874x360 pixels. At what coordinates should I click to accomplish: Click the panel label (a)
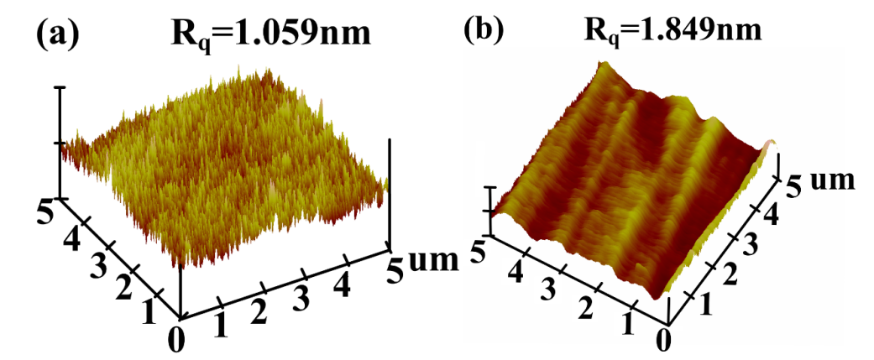tap(56, 36)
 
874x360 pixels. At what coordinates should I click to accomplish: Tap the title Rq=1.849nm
tap(673, 29)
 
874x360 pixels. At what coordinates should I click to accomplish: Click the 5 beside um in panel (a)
tap(395, 260)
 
